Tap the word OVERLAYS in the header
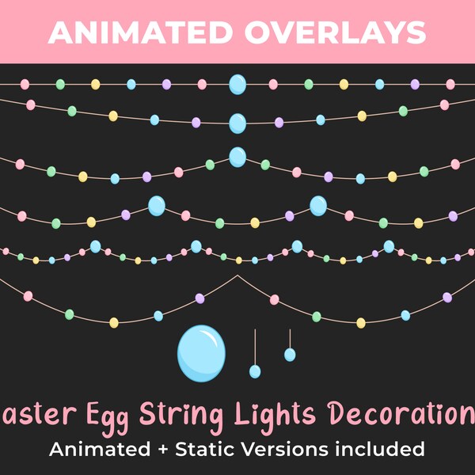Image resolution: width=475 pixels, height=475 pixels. (x=333, y=32)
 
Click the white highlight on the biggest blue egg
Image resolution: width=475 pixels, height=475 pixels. (x=207, y=338)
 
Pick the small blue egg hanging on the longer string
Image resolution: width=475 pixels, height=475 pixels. (x=255, y=371)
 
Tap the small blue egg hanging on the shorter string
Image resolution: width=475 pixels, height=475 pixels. (x=290, y=355)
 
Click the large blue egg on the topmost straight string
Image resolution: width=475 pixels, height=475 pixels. (x=237, y=84)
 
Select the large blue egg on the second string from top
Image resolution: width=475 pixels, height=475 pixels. (x=237, y=123)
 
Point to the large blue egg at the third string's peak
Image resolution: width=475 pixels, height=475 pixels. (x=237, y=157)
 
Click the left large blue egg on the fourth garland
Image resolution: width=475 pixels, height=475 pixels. (x=157, y=207)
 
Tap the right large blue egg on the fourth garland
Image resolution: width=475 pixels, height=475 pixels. (x=318, y=206)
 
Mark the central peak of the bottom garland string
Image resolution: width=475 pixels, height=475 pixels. (x=237, y=275)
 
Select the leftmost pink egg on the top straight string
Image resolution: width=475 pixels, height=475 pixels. (x=25, y=84)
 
